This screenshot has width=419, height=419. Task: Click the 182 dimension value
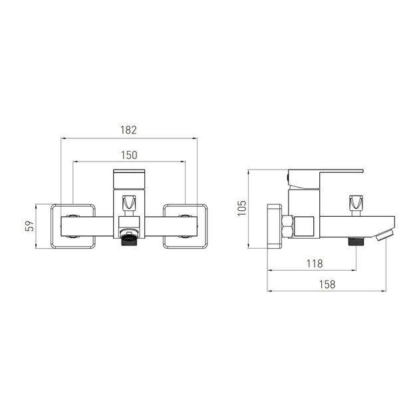(128, 130)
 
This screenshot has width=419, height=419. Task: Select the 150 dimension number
(129, 155)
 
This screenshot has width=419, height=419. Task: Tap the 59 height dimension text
(30, 226)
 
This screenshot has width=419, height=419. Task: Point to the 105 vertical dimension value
(242, 208)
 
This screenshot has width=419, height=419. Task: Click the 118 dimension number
(315, 264)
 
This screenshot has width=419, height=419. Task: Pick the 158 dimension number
(327, 285)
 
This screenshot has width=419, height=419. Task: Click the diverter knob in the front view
(129, 204)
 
